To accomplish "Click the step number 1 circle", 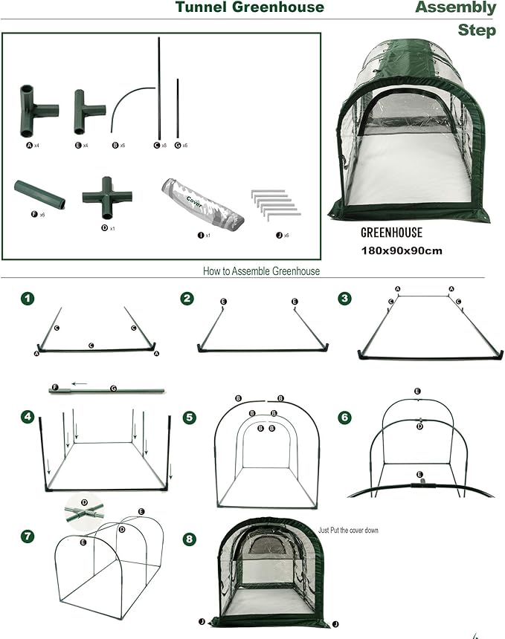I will point(28,299).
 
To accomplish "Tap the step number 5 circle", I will point(190,418).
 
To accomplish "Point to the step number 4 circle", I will point(28,418).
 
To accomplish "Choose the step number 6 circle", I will point(344,418).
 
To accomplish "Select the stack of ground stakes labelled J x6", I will point(274,203).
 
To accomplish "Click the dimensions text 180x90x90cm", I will point(402,250).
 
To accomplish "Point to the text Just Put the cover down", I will point(348,531).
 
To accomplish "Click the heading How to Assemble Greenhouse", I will point(261,271).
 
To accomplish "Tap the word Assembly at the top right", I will point(455,7).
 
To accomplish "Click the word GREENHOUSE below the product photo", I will point(391,233).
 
